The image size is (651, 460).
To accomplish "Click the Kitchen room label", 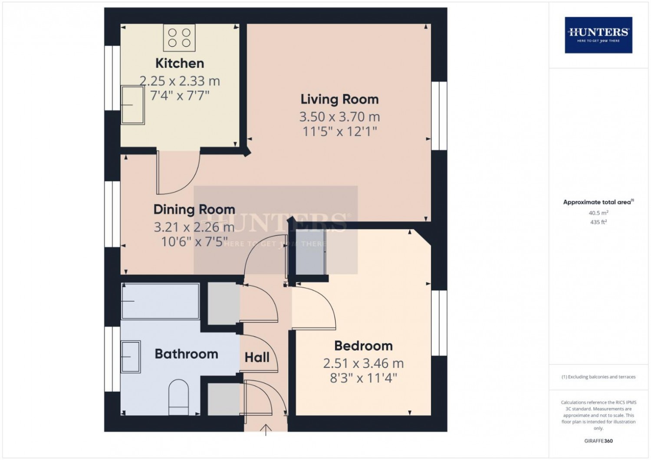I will coord(180,63).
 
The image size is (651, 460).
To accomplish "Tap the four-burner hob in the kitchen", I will coord(179,37).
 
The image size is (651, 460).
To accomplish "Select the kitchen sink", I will coord(132,105).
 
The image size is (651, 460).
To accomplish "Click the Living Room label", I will coord(339,99).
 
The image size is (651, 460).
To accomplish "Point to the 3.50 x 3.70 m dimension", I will coord(339,117).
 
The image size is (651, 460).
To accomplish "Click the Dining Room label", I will coord(194,209).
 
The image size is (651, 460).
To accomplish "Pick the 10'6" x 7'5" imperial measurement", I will coord(194,242).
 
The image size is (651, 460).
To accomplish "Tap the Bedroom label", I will coord(363,346).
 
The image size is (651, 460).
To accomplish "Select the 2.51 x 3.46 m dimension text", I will coord(363,363).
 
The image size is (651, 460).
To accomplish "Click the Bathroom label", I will coord(186,354).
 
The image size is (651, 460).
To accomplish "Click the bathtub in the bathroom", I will coord(160,301).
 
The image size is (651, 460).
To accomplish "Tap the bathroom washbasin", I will coord(131,357).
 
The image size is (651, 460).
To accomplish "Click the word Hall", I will coord(257,358).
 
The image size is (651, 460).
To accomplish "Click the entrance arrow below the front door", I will coord(266,430).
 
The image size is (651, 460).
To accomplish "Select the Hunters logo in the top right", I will coord(598,35).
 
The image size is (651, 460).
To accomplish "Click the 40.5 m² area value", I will coord(598,213).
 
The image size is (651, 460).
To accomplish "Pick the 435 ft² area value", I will coord(598,222).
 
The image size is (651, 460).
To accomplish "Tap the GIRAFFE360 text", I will coord(598,441).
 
